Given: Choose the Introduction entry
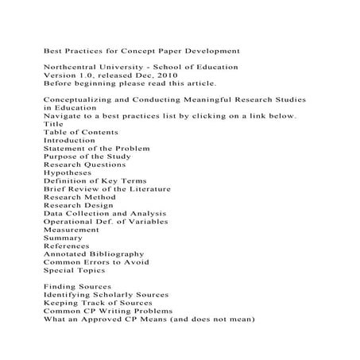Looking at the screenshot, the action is [x=69, y=140].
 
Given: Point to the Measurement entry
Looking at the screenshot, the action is [x=72, y=230].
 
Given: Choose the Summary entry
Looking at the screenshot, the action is [x=63, y=238].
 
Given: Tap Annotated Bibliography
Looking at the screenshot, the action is [x=94, y=254].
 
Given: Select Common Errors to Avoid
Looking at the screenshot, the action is [x=96, y=262].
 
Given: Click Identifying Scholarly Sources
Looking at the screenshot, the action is [x=110, y=295].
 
